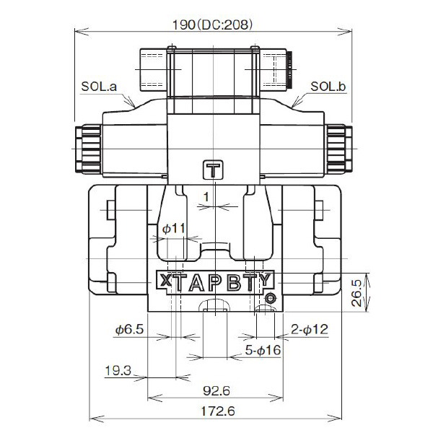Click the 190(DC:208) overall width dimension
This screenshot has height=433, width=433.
pyautogui.click(x=213, y=23)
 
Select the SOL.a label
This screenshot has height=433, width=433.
pyautogui.click(x=99, y=87)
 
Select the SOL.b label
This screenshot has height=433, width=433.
pyautogui.click(x=328, y=87)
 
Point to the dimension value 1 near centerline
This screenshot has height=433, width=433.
pyautogui.click(x=206, y=196)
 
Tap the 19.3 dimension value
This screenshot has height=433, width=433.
pyautogui.click(x=117, y=371)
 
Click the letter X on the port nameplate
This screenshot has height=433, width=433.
pyautogui.click(x=164, y=281)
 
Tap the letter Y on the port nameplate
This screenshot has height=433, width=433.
pyautogui.click(x=266, y=281)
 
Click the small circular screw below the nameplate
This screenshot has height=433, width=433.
pyautogui.click(x=270, y=299)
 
